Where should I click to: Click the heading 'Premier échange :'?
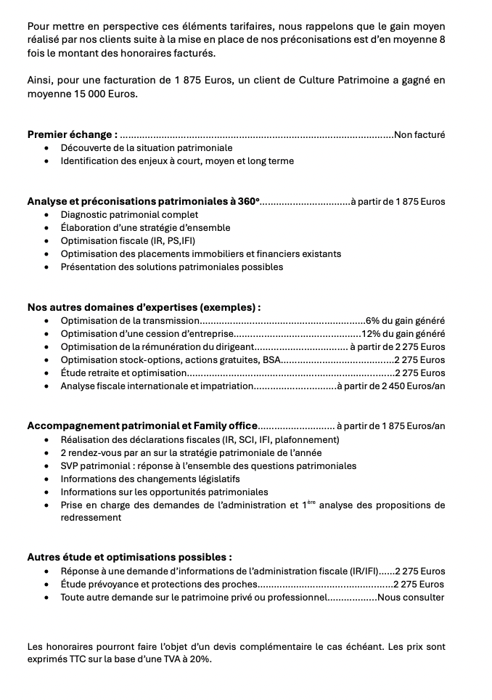coord(72,134)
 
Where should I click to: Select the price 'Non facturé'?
coord(419,134)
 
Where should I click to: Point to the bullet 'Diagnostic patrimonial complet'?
coord(129,215)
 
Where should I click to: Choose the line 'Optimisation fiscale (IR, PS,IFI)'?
coord(128,241)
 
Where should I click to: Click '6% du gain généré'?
coord(406,321)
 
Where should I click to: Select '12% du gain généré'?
coord(403,334)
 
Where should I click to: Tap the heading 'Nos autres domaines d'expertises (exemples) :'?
coord(144,307)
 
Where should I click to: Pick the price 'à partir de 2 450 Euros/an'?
coord(391,386)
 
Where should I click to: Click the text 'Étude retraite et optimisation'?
coord(124,373)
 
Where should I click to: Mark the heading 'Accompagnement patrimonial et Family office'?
coord(142,426)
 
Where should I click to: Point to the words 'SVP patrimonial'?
coord(97,465)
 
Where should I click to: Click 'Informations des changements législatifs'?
coord(150,479)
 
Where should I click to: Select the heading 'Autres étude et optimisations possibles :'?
coord(129,558)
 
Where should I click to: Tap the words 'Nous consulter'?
coord(411,598)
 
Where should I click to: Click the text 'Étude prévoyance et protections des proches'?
coord(159,585)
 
